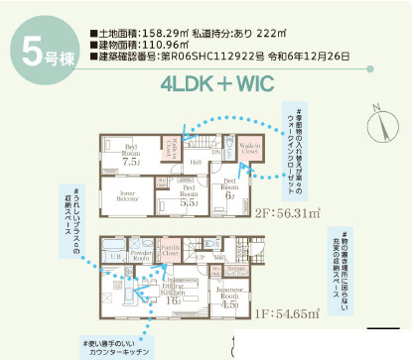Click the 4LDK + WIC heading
pos(230,84)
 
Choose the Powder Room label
pos(140,255)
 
